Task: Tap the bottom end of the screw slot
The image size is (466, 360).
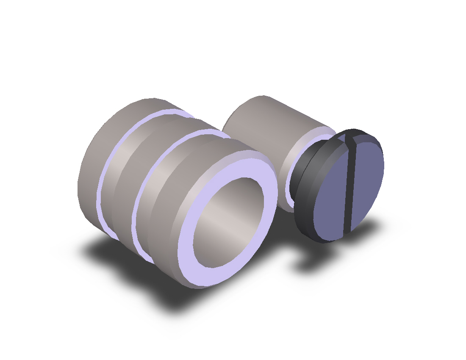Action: pos(348,231)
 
